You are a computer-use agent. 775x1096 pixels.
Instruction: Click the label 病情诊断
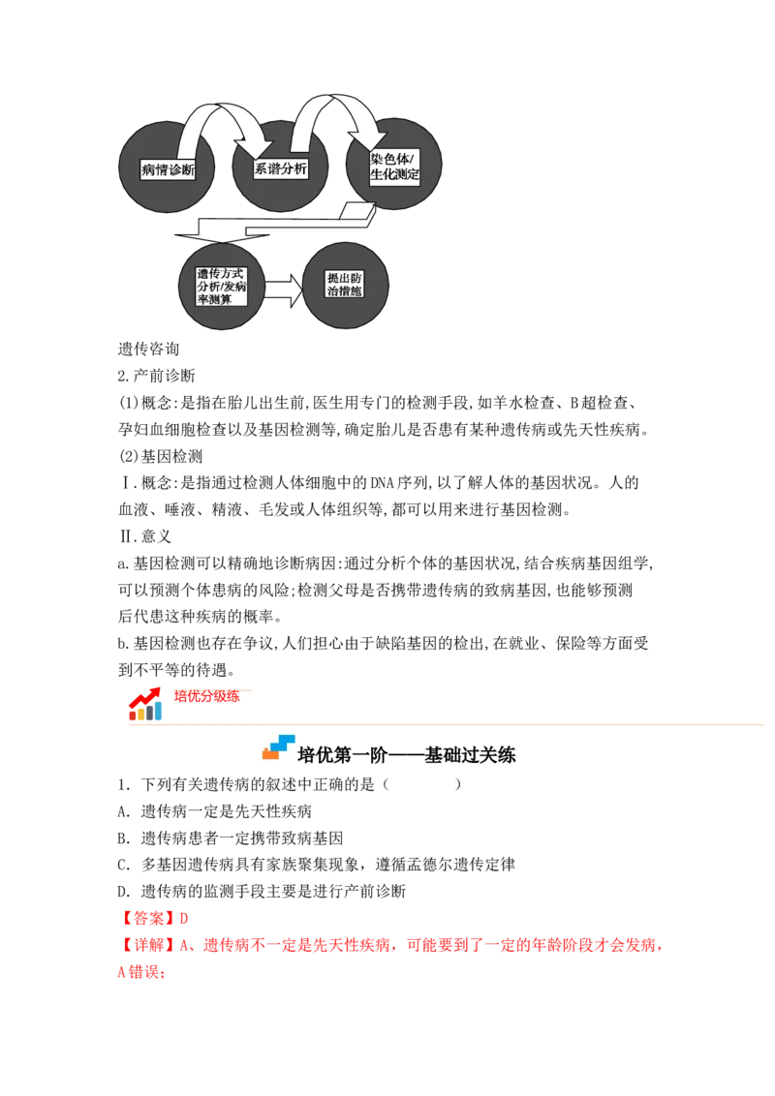pyautogui.click(x=168, y=170)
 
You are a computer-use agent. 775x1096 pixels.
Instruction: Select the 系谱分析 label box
pyautogui.click(x=281, y=168)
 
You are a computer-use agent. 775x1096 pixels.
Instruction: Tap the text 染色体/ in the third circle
pyautogui.click(x=393, y=158)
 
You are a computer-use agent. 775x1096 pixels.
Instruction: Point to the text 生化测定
pyautogui.click(x=393, y=175)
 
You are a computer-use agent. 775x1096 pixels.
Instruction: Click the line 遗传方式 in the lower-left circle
pyautogui.click(x=220, y=274)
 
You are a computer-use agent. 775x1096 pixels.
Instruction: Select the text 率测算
pyautogui.click(x=214, y=299)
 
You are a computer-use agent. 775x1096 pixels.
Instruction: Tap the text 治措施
pyautogui.click(x=345, y=291)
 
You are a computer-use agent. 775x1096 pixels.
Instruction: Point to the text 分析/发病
pyautogui.click(x=221, y=287)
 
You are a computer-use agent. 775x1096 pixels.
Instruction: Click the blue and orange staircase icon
pyautogui.click(x=278, y=746)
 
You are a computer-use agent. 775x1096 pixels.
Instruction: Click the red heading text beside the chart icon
pyautogui.click(x=205, y=695)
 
